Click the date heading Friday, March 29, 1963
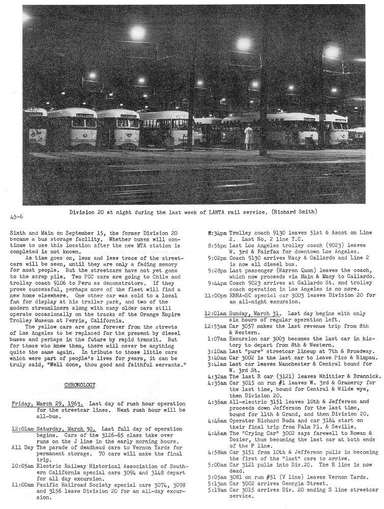pos(47,404)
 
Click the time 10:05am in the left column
pos(22,466)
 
